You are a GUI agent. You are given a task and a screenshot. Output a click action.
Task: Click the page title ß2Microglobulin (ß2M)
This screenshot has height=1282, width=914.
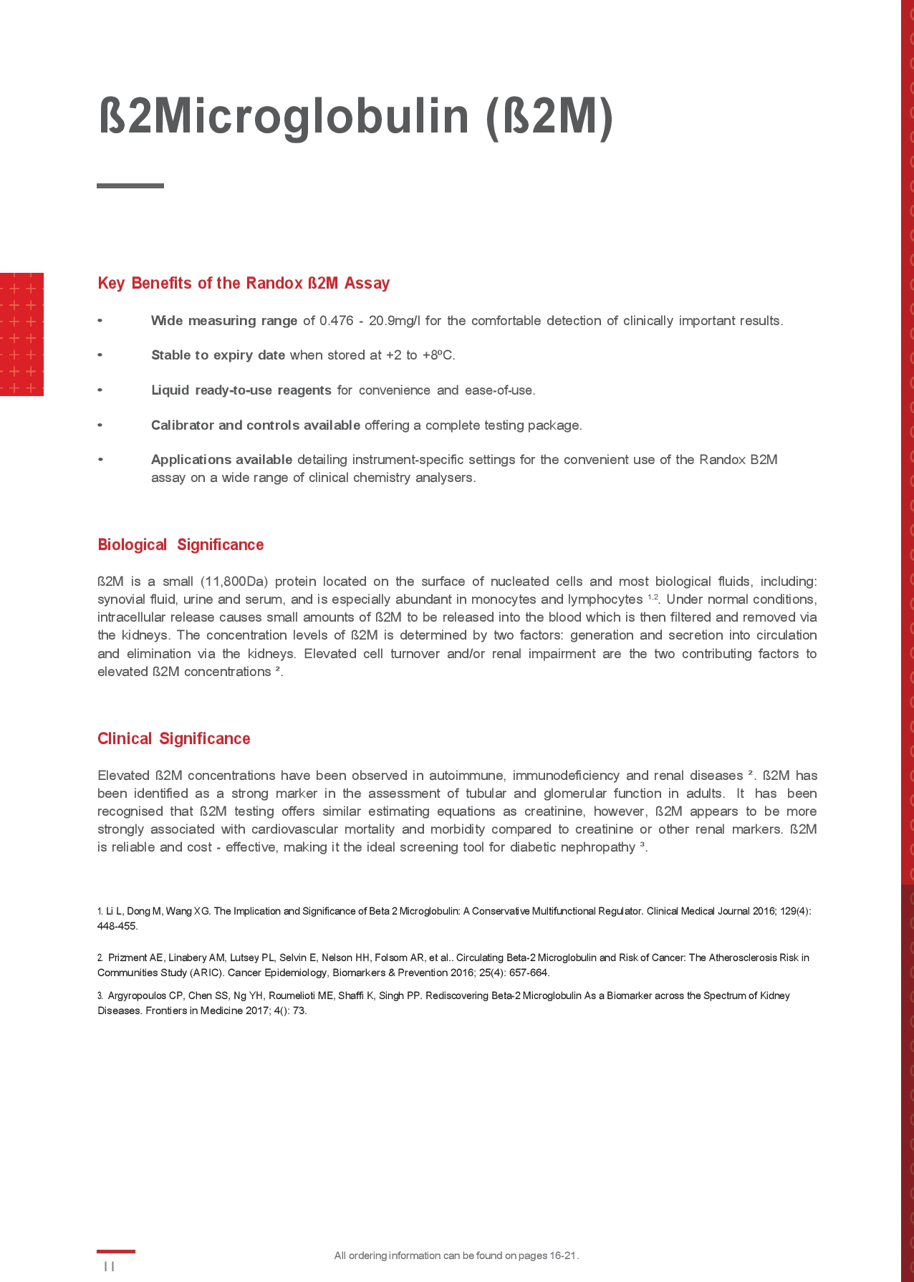click(355, 116)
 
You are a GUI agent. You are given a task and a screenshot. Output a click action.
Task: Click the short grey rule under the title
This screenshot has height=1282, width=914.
click(130, 185)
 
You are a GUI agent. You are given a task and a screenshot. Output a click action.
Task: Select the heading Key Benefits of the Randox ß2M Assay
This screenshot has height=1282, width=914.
click(244, 283)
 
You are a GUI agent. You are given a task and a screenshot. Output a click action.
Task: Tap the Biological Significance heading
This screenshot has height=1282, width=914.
click(181, 544)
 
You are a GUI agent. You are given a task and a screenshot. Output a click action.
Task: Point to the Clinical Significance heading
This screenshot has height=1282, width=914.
click(174, 738)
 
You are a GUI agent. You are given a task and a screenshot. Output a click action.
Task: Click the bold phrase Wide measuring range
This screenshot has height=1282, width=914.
click(224, 321)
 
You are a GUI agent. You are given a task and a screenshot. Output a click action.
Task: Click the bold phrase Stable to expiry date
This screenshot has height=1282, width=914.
click(218, 355)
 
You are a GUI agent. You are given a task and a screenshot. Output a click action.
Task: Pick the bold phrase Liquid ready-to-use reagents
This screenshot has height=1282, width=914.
click(241, 390)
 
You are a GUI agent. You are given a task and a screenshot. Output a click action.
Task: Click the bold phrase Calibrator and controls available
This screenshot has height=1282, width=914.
click(255, 425)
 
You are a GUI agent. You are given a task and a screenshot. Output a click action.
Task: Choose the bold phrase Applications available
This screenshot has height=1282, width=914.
click(221, 460)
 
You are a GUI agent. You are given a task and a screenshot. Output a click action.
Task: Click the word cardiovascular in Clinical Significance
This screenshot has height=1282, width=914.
click(294, 829)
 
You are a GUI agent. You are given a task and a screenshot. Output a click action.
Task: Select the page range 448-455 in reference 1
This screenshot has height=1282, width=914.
click(117, 926)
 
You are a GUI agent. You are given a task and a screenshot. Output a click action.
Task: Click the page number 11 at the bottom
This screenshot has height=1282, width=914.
click(109, 1266)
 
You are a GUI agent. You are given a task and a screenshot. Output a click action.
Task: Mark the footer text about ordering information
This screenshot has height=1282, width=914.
click(456, 1256)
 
